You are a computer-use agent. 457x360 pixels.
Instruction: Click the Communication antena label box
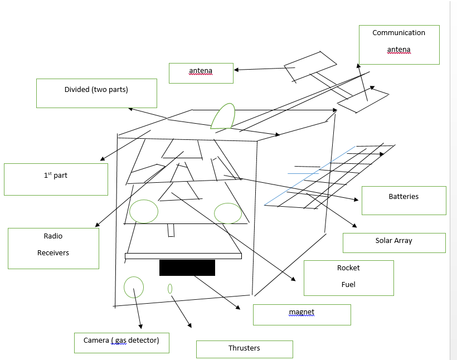[x=399, y=45]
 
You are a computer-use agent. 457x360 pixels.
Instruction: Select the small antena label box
[x=201, y=73]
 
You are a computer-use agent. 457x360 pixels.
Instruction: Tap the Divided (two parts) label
[x=96, y=93]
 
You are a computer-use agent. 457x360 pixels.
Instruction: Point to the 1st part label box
[x=56, y=179]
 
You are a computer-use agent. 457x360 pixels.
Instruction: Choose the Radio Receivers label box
[x=54, y=249]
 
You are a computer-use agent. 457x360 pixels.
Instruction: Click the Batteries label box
[x=403, y=200]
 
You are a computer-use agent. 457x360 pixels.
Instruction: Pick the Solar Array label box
[x=394, y=242]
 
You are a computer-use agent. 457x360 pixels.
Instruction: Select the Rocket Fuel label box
[x=348, y=278]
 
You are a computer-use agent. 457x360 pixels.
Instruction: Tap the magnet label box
[x=302, y=314]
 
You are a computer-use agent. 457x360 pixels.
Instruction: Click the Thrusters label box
[x=244, y=349]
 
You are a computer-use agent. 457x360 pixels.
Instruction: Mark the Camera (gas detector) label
[x=121, y=343]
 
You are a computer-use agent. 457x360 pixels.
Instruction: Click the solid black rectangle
[x=187, y=267]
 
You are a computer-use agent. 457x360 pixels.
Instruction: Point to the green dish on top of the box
[x=223, y=116]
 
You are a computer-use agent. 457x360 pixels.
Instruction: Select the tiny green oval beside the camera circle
[x=170, y=289]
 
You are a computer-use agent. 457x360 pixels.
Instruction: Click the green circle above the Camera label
[x=134, y=287]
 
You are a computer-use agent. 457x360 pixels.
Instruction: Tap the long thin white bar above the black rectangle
[x=183, y=256]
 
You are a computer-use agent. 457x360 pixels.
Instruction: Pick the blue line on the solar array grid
[x=309, y=176]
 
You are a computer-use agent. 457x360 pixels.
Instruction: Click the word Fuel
[x=348, y=285]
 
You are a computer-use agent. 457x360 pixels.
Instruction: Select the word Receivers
[x=53, y=253]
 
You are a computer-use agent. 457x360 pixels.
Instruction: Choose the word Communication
[x=399, y=33]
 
